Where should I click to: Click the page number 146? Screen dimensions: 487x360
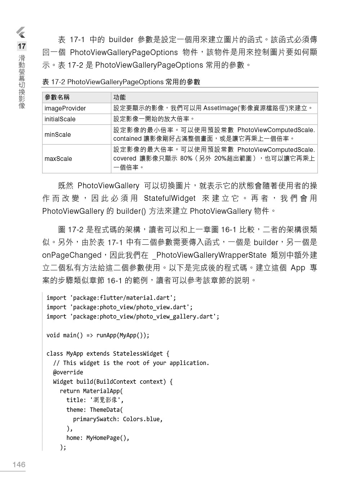(x=19, y=464)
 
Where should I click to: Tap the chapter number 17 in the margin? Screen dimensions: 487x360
(x=22, y=46)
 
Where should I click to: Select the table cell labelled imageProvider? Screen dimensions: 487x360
(x=65, y=108)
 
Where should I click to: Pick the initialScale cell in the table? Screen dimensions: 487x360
(x=60, y=119)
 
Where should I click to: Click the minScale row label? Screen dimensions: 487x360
(x=58, y=135)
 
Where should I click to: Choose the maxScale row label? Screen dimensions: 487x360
(x=58, y=159)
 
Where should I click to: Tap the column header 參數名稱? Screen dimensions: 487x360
(x=57, y=97)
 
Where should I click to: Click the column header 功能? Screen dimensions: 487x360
(x=120, y=97)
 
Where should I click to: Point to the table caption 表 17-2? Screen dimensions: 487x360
(x=121, y=82)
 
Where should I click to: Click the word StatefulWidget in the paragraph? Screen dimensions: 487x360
(x=170, y=198)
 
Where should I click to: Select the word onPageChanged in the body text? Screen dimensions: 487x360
(x=72, y=255)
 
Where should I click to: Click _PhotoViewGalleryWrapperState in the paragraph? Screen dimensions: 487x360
(x=209, y=255)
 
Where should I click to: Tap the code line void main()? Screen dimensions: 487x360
(x=98, y=335)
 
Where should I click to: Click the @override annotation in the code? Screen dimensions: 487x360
(x=68, y=372)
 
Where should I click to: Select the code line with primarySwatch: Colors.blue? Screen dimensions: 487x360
(x=118, y=419)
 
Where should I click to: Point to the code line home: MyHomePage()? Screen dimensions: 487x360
(x=98, y=438)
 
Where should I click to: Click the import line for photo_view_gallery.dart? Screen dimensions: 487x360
(x=133, y=316)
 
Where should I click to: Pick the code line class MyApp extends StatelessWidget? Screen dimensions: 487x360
(x=108, y=353)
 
